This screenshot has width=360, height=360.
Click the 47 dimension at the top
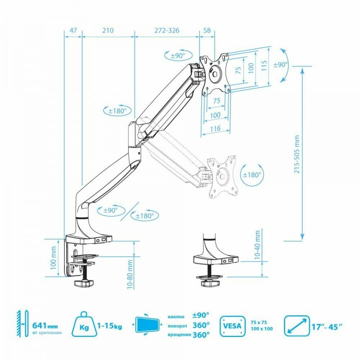coord(73,30)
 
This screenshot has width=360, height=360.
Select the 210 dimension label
coord(108,30)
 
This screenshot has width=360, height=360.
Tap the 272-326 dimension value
coord(167,30)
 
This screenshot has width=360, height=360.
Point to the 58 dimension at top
coord(207,30)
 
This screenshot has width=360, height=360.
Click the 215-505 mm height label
coord(297,154)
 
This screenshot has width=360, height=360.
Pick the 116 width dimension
coord(216,129)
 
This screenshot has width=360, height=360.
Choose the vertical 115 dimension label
coord(264,65)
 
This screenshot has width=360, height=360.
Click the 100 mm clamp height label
coord(53,258)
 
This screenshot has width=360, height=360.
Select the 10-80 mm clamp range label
coord(130,274)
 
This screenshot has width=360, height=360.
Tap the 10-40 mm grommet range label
coord(258,245)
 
